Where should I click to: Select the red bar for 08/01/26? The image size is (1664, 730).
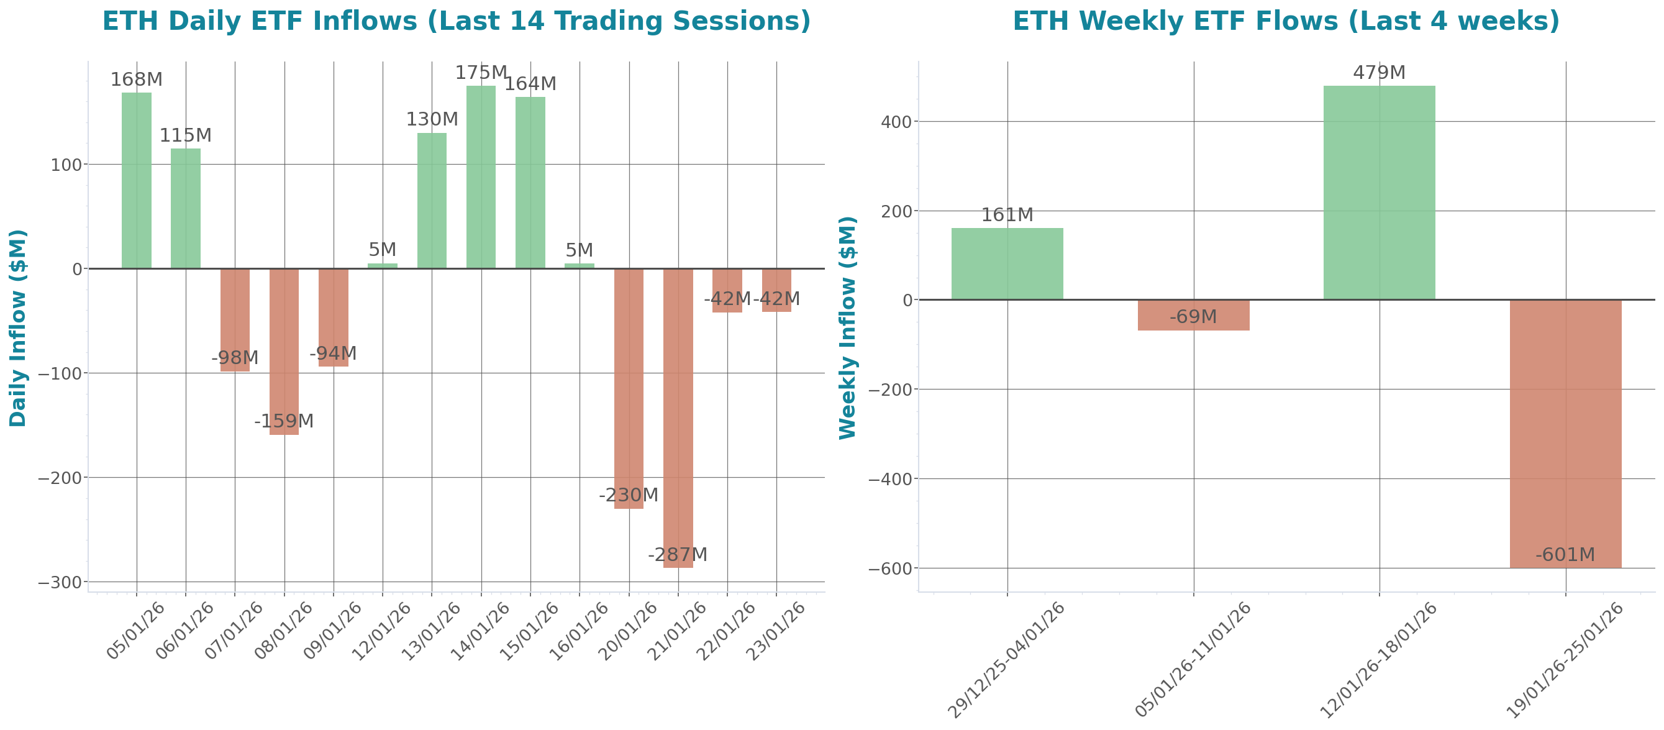(x=284, y=352)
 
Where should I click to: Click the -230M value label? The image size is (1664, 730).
(x=628, y=495)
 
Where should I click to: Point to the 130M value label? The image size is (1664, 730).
(x=432, y=119)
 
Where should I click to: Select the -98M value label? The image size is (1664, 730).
(x=235, y=357)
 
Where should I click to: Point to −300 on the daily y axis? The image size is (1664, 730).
(x=60, y=583)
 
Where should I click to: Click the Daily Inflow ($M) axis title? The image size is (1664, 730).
(x=17, y=327)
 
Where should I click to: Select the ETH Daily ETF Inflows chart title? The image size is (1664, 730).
(x=456, y=21)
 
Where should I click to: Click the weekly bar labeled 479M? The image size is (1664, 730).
(x=1379, y=192)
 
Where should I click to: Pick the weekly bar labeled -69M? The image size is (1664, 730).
(x=1193, y=315)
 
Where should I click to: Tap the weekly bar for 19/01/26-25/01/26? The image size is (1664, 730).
(x=1565, y=434)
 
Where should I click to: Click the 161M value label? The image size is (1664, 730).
(x=1007, y=215)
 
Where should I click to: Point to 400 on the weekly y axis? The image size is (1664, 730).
(x=896, y=122)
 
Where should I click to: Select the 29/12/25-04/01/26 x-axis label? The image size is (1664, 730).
(x=1006, y=660)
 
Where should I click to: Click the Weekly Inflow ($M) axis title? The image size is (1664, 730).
(x=847, y=327)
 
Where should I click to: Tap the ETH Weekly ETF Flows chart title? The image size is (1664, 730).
(x=1286, y=21)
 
